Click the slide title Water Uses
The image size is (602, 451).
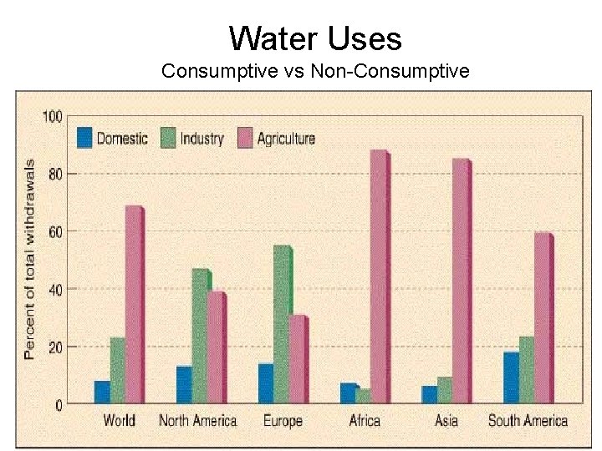click(x=315, y=38)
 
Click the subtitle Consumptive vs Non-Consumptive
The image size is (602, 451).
click(x=315, y=72)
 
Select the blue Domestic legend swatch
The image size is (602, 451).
click(x=84, y=138)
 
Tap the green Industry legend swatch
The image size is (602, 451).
click(x=168, y=138)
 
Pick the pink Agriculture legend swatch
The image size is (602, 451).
click(x=245, y=138)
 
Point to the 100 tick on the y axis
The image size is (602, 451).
click(x=52, y=116)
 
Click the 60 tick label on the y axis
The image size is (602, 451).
click(x=54, y=231)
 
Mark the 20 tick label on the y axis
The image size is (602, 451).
click(x=54, y=347)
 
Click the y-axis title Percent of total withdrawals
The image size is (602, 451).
click(x=30, y=259)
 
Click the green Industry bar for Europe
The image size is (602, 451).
click(x=283, y=325)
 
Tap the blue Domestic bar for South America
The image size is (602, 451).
click(x=511, y=378)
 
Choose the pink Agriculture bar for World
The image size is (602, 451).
click(x=134, y=305)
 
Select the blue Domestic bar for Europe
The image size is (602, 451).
click(x=266, y=383)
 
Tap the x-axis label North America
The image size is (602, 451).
click(x=198, y=421)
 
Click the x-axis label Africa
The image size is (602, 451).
click(x=365, y=421)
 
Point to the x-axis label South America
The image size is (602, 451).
click(x=528, y=421)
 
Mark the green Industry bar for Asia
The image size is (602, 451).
click(x=445, y=390)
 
